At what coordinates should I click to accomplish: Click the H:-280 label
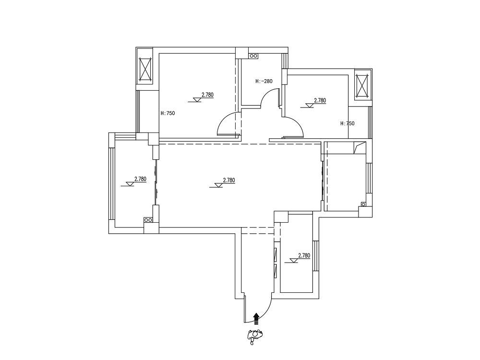click(264, 82)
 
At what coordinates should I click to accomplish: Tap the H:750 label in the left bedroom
click(168, 113)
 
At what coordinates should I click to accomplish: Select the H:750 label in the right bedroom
click(348, 124)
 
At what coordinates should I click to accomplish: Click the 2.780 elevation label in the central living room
click(229, 180)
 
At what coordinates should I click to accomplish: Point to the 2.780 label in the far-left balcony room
click(140, 179)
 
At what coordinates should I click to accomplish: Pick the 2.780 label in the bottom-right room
click(304, 256)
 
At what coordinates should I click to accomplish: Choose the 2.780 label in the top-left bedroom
click(207, 95)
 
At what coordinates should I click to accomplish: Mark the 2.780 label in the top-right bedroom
click(320, 100)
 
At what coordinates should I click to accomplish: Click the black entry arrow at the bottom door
click(256, 318)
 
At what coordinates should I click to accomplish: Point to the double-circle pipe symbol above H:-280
click(253, 56)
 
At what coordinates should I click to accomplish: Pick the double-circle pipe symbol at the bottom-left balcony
click(148, 220)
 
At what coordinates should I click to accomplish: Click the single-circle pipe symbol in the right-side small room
click(363, 204)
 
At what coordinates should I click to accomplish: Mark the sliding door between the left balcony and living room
click(156, 182)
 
